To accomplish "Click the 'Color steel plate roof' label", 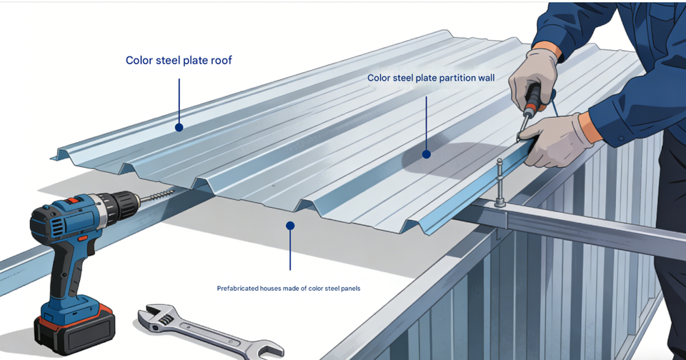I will (179, 61).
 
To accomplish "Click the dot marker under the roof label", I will (179, 128).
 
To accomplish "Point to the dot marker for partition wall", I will (427, 154).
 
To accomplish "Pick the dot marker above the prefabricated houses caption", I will (290, 226).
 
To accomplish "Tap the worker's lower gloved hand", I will (557, 139).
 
